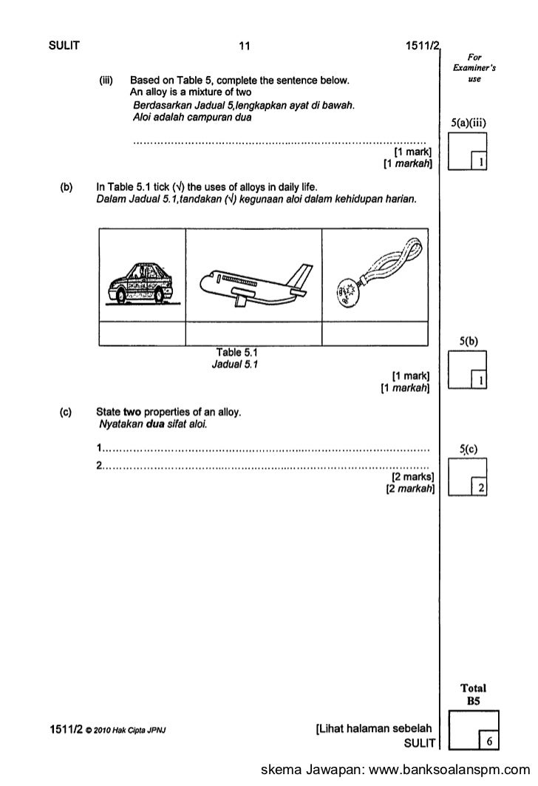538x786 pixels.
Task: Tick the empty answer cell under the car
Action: tap(141, 335)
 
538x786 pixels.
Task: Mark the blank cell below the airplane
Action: tap(253, 335)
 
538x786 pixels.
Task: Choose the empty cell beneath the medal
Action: tap(375, 335)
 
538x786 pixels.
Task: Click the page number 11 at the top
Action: tap(245, 47)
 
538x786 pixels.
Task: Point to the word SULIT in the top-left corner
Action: tap(64, 47)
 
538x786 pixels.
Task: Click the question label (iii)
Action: tap(106, 80)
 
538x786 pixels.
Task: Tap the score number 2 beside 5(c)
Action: tap(481, 487)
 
